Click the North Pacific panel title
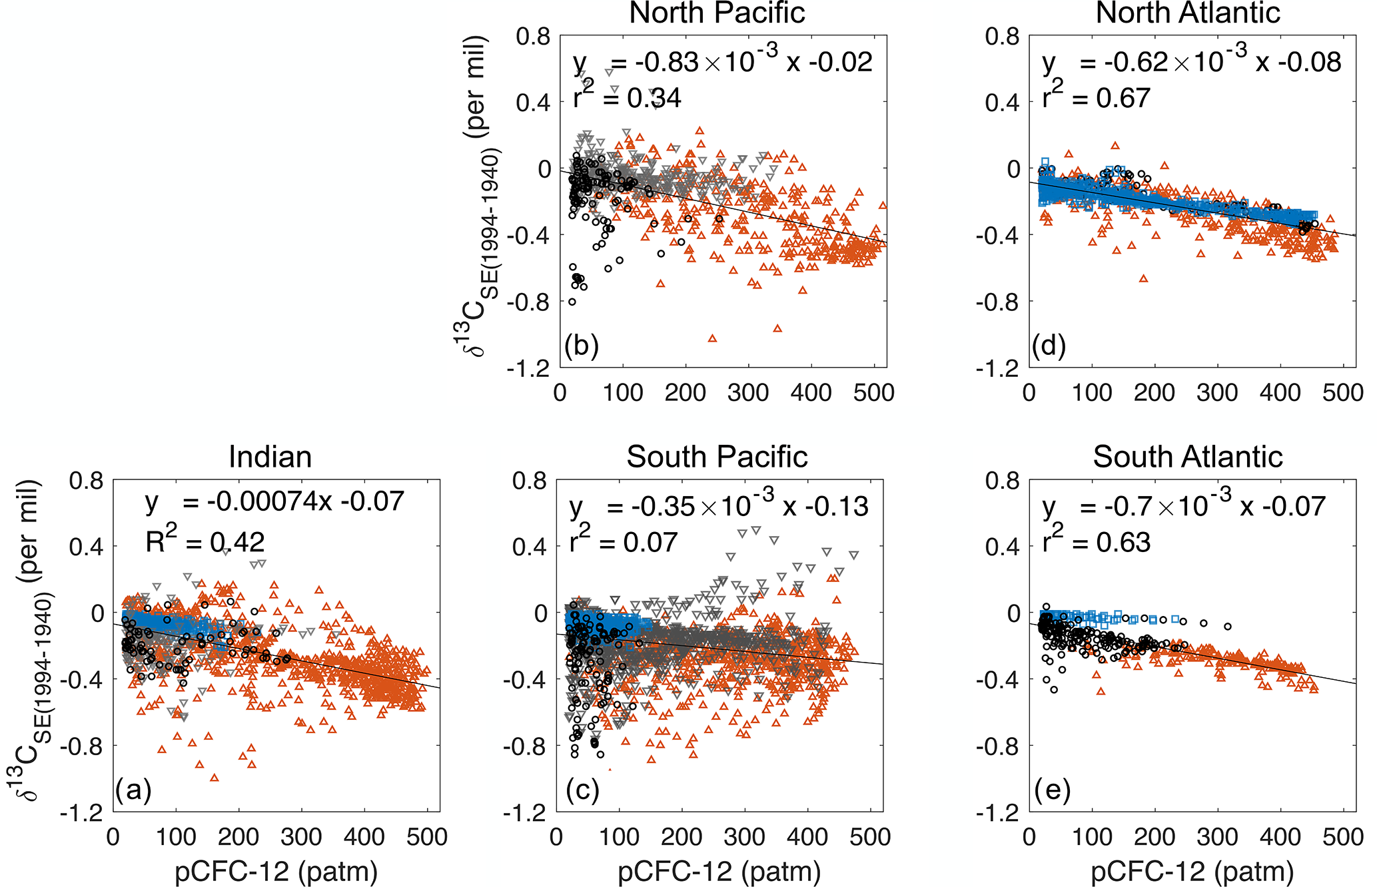pyautogui.click(x=717, y=13)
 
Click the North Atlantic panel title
pyautogui.click(x=1188, y=13)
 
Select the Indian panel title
pyautogui.click(x=270, y=457)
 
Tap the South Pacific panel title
pyautogui.click(x=717, y=457)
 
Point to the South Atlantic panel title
pyautogui.click(x=1188, y=457)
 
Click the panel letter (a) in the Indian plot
pyautogui.click(x=133, y=790)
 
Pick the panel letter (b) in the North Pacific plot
pyautogui.click(x=581, y=346)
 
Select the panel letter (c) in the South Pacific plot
pyautogui.click(x=582, y=790)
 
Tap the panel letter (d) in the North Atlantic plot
pyautogui.click(x=1049, y=346)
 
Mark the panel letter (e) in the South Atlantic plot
pyautogui.click(x=1053, y=790)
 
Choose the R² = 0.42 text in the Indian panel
pyautogui.click(x=205, y=542)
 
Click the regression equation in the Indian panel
pyautogui.click(x=274, y=501)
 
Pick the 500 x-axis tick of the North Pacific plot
pyautogui.click(x=874, y=392)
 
